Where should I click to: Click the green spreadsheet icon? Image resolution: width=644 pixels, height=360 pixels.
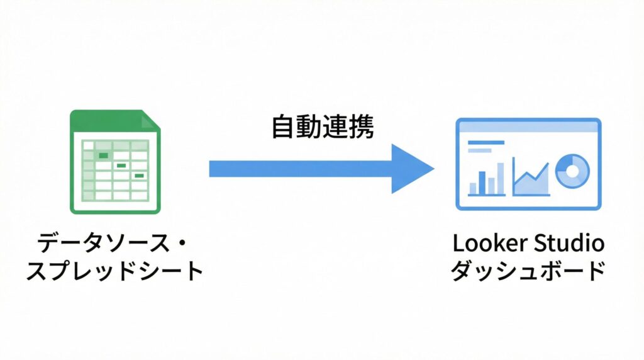[x=115, y=162]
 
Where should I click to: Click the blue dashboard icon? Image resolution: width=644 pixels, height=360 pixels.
[x=528, y=164]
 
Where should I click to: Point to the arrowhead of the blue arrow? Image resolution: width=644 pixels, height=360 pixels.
[x=412, y=168]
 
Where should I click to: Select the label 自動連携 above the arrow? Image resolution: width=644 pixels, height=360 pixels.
[x=323, y=128]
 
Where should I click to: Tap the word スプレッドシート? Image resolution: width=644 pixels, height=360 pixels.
[x=115, y=271]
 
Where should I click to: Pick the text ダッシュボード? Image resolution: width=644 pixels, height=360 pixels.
[x=528, y=271]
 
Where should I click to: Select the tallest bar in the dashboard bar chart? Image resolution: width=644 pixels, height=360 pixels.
[x=501, y=178]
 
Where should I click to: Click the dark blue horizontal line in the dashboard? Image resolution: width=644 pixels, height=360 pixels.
[x=486, y=143]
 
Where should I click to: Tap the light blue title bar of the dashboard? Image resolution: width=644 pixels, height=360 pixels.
[x=528, y=127]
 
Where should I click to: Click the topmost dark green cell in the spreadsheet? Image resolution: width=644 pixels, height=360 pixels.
[x=104, y=155]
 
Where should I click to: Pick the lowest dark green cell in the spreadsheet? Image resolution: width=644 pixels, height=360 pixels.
[x=139, y=176]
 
